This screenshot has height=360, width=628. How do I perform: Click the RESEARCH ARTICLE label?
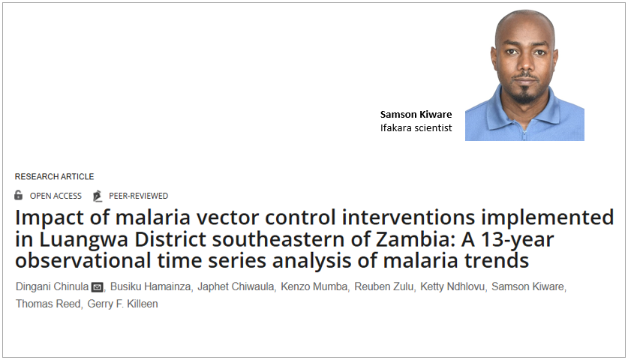click(x=54, y=177)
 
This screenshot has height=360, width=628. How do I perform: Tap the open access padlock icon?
click(x=19, y=196)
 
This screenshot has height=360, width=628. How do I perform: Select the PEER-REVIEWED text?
click(x=138, y=196)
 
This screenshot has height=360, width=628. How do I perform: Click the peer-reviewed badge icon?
click(x=97, y=196)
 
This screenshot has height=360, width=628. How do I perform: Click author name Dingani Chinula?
click(x=50, y=287)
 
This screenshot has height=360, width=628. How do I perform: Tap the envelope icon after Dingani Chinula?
click(x=97, y=288)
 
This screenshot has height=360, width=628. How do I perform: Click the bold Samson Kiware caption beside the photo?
click(x=415, y=114)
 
